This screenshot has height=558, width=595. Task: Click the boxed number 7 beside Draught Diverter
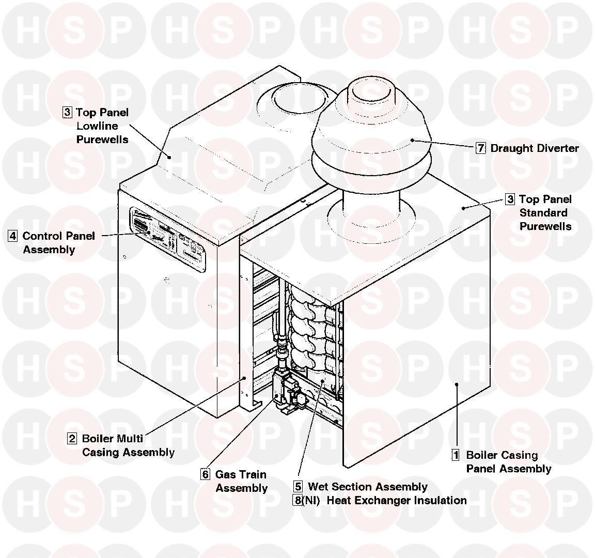coord(481,148)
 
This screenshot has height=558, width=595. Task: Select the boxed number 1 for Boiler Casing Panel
coord(456,455)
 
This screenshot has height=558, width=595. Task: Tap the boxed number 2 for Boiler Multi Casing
coord(72,439)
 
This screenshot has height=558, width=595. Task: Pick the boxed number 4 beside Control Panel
coord(13,236)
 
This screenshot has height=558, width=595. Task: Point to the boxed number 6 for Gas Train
coord(206,474)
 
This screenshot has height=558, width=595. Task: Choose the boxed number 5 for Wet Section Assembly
coord(298,487)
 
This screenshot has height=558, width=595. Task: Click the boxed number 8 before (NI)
coord(298,500)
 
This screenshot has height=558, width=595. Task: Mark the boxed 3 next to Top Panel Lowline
coord(67,112)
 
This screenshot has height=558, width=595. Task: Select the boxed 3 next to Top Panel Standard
coord(510,199)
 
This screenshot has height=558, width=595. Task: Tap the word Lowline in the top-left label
coord(97,126)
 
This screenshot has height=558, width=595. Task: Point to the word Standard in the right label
coord(543,213)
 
